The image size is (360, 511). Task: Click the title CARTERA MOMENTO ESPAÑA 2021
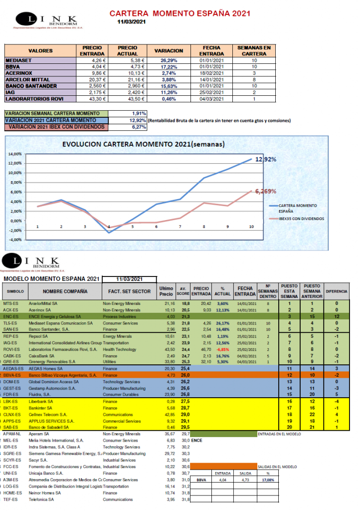click(180, 13)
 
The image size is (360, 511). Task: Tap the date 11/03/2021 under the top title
click(132, 22)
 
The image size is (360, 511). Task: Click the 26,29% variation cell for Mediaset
click(169, 60)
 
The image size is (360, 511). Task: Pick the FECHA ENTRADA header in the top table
click(211, 50)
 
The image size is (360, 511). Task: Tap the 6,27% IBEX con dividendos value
click(139, 127)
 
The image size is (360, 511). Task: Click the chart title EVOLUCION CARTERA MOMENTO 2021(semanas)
click(143, 145)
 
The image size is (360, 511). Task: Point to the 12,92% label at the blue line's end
click(266, 160)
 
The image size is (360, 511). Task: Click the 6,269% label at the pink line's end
click(266, 191)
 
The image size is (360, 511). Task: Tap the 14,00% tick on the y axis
click(15, 154)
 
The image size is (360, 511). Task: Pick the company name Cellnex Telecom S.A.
click(48, 414)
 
